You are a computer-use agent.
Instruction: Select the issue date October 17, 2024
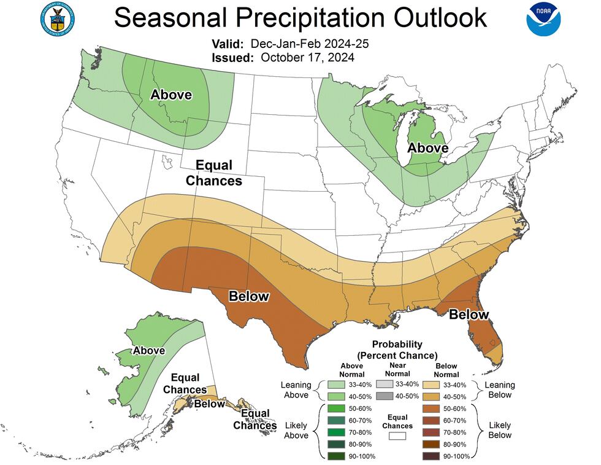click(307, 57)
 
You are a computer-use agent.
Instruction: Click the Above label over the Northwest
click(171, 95)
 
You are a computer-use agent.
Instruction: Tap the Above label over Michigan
click(428, 148)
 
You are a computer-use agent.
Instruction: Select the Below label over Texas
click(248, 296)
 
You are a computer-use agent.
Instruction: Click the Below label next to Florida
click(469, 315)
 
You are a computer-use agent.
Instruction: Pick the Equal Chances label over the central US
click(213, 173)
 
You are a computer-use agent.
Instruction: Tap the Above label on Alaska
click(148, 350)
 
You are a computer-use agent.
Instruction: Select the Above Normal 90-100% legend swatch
click(336, 456)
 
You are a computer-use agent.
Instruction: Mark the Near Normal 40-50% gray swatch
click(385, 396)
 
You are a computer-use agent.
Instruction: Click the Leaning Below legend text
click(499, 390)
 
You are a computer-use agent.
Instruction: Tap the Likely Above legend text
click(296, 430)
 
